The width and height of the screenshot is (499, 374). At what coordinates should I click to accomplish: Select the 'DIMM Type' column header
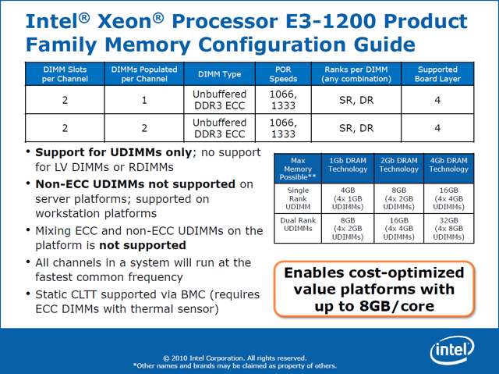click(x=220, y=74)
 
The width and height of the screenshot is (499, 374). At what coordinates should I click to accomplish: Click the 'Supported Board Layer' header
click(x=437, y=74)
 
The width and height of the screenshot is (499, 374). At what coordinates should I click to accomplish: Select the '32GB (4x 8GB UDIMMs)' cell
click(x=448, y=228)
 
